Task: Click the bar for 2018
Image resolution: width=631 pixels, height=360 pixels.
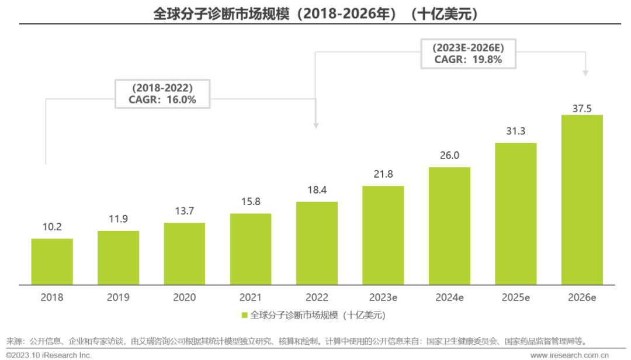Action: pos(52,262)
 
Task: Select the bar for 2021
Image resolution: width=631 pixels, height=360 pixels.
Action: pos(251,249)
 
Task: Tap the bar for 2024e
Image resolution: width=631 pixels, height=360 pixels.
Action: pos(449,226)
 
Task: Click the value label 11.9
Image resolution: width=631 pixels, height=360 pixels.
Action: pos(118,220)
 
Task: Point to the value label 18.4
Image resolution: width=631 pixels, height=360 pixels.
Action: pos(317,191)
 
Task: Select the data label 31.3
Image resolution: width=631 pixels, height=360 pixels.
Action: pos(515,131)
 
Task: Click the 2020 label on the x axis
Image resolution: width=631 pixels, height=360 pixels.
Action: pos(184,297)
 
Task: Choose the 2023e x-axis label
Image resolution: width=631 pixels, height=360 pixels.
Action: pos(383,297)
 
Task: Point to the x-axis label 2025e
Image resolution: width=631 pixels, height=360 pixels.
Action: pos(515,297)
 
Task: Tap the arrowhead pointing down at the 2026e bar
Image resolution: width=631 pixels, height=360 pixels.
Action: pos(586,74)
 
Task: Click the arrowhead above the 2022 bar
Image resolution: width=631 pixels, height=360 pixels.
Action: pos(316,125)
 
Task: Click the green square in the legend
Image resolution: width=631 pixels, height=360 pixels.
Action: pos(245,316)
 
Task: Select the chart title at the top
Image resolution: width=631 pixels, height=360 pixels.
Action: pos(315,13)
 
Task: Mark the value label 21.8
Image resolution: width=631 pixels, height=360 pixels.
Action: pos(383,174)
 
